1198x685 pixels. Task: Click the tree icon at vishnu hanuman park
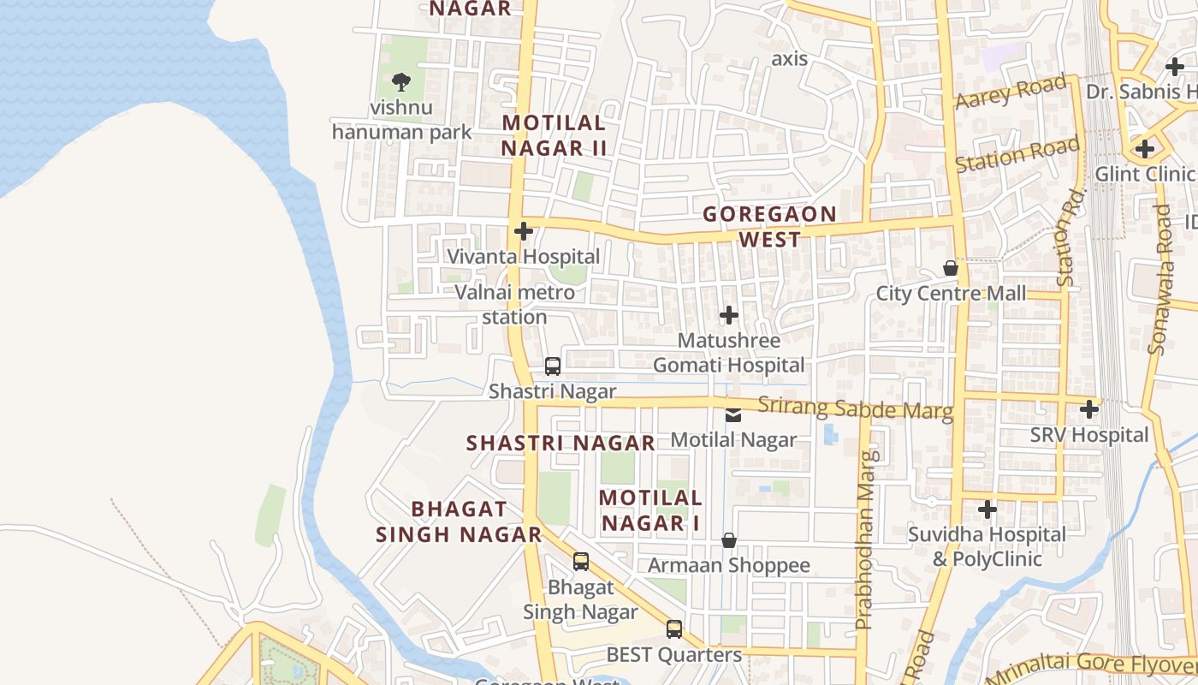(x=400, y=82)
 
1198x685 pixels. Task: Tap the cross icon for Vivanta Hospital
(x=524, y=231)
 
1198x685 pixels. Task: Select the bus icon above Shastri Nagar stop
(x=553, y=366)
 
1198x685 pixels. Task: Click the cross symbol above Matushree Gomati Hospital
(x=729, y=315)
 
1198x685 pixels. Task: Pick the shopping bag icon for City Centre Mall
(x=950, y=269)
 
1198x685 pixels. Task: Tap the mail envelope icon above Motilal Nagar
(x=733, y=415)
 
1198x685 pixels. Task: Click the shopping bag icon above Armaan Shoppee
(x=729, y=540)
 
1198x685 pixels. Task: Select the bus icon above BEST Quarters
(x=674, y=629)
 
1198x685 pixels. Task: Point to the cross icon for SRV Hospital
(x=1088, y=409)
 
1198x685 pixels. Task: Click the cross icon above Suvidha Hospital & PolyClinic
(x=987, y=509)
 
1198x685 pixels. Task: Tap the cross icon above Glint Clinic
(x=1145, y=149)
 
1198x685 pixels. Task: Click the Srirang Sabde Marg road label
(x=855, y=408)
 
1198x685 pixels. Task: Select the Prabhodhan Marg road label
(x=866, y=539)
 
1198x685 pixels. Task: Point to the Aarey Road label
(x=1011, y=92)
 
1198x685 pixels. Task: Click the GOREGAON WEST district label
(x=769, y=226)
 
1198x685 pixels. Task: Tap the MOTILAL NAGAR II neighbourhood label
(x=554, y=135)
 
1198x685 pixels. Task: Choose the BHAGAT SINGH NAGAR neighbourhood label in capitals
(x=460, y=521)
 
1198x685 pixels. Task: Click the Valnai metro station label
(x=514, y=305)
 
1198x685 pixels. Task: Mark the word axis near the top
(x=789, y=59)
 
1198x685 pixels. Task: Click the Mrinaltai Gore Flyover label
(x=1091, y=667)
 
